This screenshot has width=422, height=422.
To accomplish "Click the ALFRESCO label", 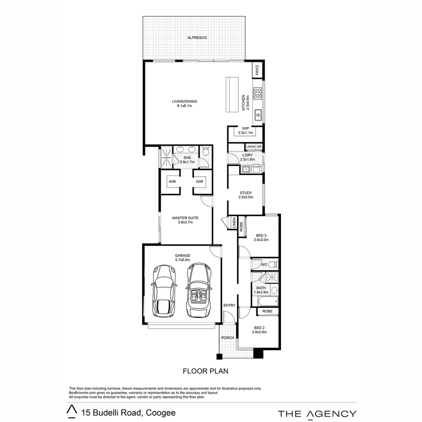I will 197,38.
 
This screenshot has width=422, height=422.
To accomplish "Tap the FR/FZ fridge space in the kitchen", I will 257,71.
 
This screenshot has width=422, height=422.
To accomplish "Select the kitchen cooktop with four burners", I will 257,93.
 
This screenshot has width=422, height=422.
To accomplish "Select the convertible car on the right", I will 199,290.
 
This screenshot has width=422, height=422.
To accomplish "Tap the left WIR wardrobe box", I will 172,182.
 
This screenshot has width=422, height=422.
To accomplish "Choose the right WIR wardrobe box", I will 200,182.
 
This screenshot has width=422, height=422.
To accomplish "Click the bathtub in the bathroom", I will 265,301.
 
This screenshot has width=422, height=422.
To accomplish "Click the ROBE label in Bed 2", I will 268,311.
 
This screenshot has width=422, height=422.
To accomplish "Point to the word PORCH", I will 227,338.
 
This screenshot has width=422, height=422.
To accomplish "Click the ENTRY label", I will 229,305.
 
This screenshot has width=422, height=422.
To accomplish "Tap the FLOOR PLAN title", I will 206,371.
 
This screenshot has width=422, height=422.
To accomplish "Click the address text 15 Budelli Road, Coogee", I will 128,413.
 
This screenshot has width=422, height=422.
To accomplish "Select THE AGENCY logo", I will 317,414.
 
